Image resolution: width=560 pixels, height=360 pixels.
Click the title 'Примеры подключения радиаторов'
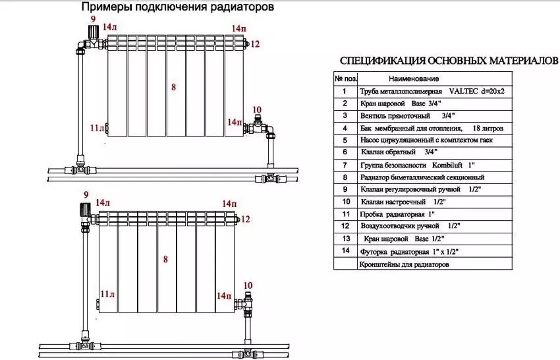tap(177, 7)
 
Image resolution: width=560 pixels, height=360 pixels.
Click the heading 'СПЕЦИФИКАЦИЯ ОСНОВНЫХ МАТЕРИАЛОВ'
tap(449, 61)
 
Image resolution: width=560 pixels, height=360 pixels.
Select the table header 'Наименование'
tap(414, 78)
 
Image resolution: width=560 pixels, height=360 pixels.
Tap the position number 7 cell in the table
tap(345, 165)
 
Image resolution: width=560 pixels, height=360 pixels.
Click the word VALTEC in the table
tap(463, 91)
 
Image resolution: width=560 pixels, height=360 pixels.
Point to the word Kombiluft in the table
tap(447, 165)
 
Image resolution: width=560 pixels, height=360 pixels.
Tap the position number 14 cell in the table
tap(345, 251)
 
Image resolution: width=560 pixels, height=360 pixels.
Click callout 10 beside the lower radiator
tap(248, 285)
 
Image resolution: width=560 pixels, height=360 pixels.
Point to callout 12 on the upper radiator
tap(255, 44)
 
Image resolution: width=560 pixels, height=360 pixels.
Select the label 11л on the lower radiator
tap(107, 294)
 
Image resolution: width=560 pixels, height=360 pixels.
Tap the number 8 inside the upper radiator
tap(173, 87)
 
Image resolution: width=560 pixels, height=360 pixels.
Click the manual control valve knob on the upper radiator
tap(93, 31)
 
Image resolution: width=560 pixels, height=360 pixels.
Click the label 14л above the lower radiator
tap(103, 202)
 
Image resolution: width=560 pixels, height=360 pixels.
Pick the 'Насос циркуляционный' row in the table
tap(426, 140)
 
